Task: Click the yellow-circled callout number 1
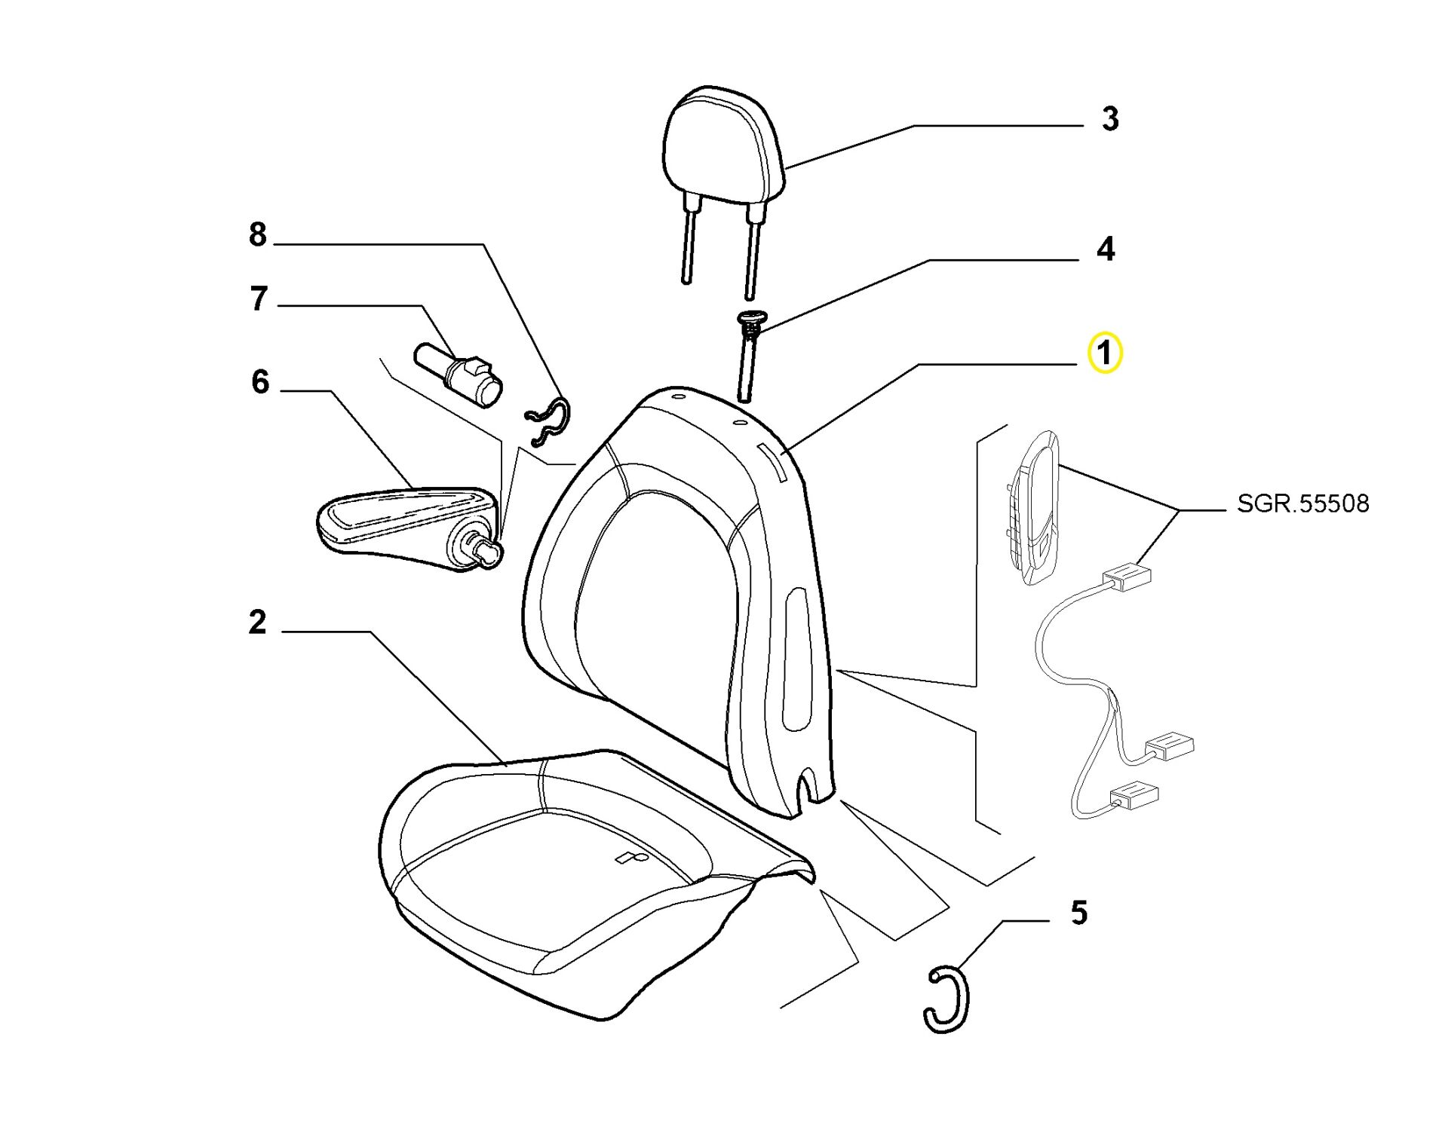1104,353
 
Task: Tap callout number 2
258,623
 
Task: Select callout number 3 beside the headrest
1109,119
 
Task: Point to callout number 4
1105,249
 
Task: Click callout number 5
1079,913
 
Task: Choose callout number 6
260,381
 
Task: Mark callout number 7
259,298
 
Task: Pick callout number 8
258,234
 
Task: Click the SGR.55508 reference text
1302,503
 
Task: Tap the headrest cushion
724,147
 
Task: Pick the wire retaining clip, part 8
548,420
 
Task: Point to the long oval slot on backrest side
795,659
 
